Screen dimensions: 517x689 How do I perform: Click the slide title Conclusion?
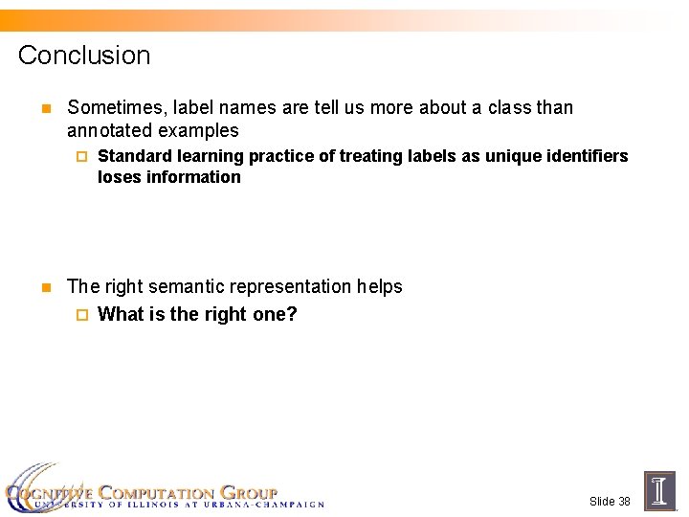[84, 56]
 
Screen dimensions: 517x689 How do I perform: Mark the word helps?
[380, 286]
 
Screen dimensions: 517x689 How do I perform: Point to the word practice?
[279, 156]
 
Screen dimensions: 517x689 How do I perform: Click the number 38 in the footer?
[623, 502]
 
